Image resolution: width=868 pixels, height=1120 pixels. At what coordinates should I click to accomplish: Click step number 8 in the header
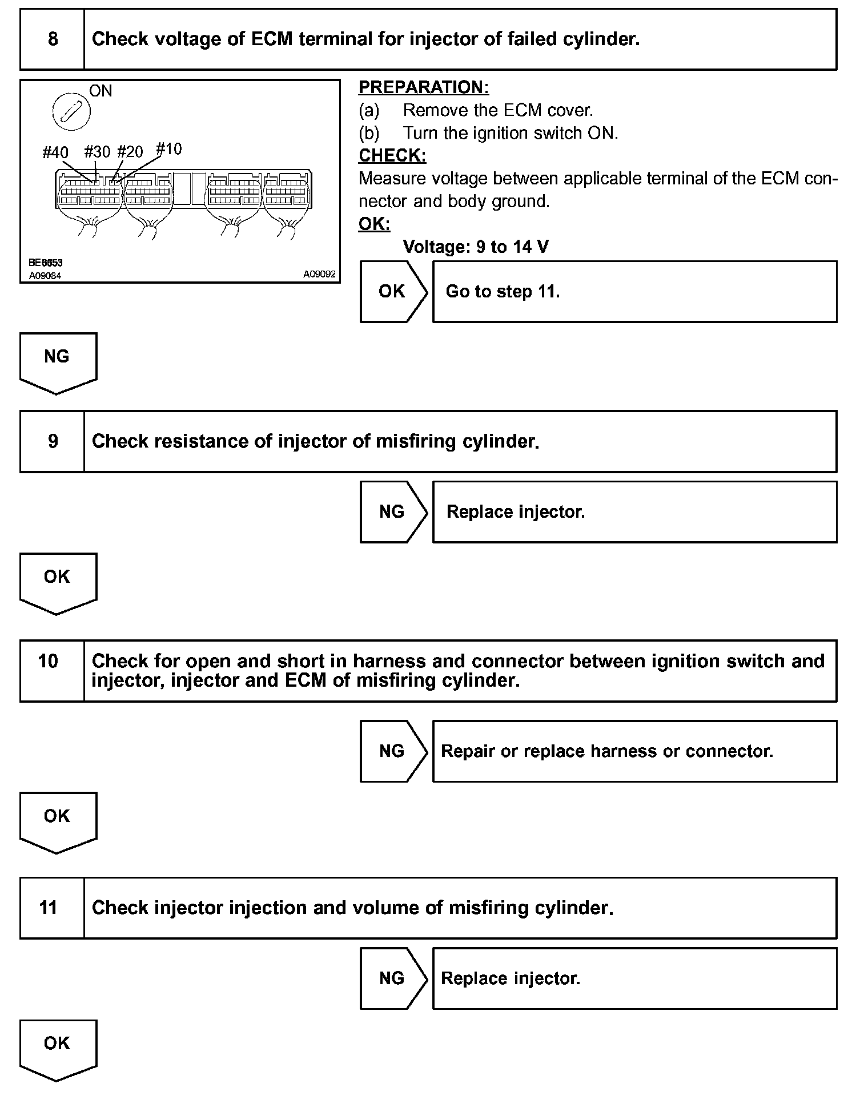53,39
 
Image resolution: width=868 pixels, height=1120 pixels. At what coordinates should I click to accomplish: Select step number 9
53,441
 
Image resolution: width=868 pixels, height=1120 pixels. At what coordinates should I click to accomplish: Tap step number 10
49,661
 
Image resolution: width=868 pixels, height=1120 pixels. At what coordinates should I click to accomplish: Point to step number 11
49,908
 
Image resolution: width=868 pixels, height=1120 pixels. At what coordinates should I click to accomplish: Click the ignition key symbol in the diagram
71,111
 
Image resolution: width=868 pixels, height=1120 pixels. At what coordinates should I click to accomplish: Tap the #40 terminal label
55,152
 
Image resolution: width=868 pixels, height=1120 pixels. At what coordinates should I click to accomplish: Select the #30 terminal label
97,152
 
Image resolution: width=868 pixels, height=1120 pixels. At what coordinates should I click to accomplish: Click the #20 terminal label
130,152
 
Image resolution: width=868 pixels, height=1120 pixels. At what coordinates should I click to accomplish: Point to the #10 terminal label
169,150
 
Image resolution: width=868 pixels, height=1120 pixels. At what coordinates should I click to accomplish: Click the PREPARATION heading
424,87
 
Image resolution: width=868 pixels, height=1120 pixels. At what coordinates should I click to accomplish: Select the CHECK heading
392,155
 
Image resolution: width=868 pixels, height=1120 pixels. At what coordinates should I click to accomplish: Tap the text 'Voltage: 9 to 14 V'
476,247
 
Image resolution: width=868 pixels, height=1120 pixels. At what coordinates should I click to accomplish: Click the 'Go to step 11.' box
634,292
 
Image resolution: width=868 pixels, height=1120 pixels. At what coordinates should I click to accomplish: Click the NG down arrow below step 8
58,362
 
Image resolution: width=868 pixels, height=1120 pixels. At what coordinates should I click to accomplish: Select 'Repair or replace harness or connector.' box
634,751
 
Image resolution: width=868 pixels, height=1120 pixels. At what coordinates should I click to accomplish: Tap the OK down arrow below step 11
58,1049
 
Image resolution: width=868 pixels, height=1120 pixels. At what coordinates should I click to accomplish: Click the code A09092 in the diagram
319,274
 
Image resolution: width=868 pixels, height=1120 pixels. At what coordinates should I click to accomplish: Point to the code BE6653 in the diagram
46,263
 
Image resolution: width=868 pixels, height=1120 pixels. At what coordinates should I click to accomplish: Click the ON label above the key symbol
101,91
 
